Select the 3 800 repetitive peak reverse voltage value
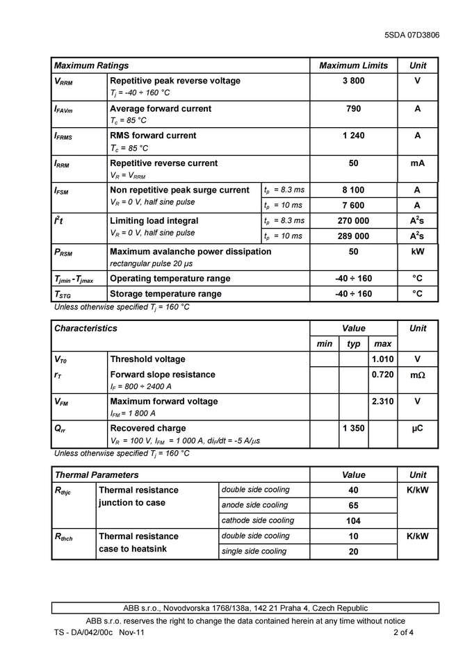pyautogui.click(x=353, y=81)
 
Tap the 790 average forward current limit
pyautogui.click(x=353, y=109)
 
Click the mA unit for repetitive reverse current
pyautogui.click(x=417, y=163)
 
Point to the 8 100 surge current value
pyautogui.click(x=353, y=190)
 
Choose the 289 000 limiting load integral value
pyautogui.click(x=353, y=236)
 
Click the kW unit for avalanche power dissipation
pyautogui.click(x=417, y=252)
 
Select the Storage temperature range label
pyautogui.click(x=165, y=294)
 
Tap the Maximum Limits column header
pyautogui.click(x=353, y=65)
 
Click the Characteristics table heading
pyautogui.click(x=86, y=328)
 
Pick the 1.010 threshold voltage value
pyautogui.click(x=382, y=359)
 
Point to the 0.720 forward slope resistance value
pyautogui.click(x=382, y=374)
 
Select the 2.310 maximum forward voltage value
pyautogui.click(x=382, y=402)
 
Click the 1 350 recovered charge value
pyautogui.click(x=353, y=429)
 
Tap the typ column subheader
pyautogui.click(x=353, y=344)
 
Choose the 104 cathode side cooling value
pyautogui.click(x=353, y=521)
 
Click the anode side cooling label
pyautogui.click(x=254, y=505)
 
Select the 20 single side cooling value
pyautogui.click(x=353, y=552)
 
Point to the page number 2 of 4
pyautogui.click(x=403, y=633)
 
